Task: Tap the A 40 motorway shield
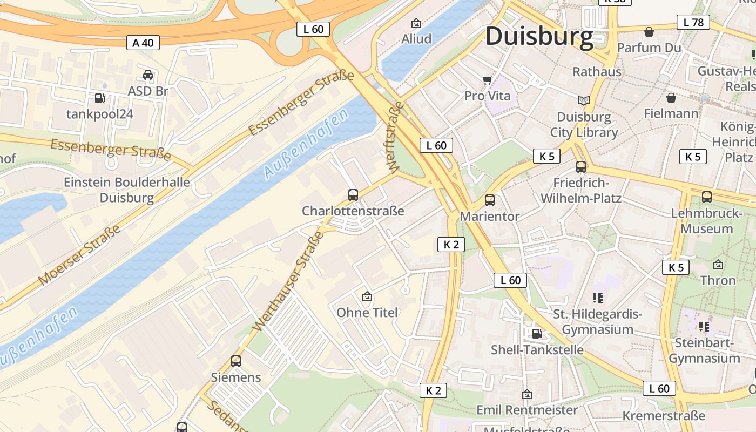tap(143, 43)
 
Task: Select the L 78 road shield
tap(693, 22)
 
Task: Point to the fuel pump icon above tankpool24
tap(100, 98)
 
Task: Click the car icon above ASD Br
tap(147, 75)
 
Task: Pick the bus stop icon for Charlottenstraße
tap(353, 194)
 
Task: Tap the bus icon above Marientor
tap(489, 200)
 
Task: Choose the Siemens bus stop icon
tap(236, 361)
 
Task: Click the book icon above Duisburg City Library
tap(583, 100)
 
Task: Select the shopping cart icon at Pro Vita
tap(487, 80)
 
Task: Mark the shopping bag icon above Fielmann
tap(671, 98)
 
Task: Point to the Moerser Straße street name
tap(79, 255)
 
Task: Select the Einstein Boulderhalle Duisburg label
tap(127, 190)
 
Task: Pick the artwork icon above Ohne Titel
tap(367, 296)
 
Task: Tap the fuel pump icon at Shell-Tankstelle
tap(536, 333)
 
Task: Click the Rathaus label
tap(597, 71)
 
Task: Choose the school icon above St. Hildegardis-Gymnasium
tap(597, 298)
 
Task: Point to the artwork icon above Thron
tap(718, 265)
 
